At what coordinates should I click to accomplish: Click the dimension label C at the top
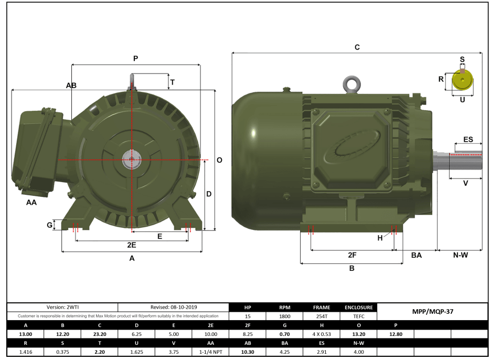(357, 47)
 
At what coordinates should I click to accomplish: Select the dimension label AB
(71, 85)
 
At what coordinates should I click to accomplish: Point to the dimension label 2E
(131, 245)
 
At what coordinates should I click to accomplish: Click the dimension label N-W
(460, 255)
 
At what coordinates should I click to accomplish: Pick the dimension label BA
(417, 255)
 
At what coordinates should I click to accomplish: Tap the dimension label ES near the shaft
(468, 140)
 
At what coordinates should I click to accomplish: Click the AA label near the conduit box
(31, 202)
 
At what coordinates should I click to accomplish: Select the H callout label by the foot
(380, 238)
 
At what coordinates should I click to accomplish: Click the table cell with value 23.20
(99, 334)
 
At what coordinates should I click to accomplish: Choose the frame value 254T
(321, 316)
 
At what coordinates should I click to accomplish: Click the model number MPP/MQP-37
(433, 311)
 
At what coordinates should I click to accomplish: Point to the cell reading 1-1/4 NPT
(210, 352)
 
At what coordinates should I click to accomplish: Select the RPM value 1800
(284, 316)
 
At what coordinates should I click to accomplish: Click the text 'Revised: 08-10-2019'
(174, 307)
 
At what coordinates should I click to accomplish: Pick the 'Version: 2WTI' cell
(62, 307)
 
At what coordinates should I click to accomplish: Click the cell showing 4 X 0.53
(321, 334)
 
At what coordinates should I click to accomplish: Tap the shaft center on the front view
(131, 160)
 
